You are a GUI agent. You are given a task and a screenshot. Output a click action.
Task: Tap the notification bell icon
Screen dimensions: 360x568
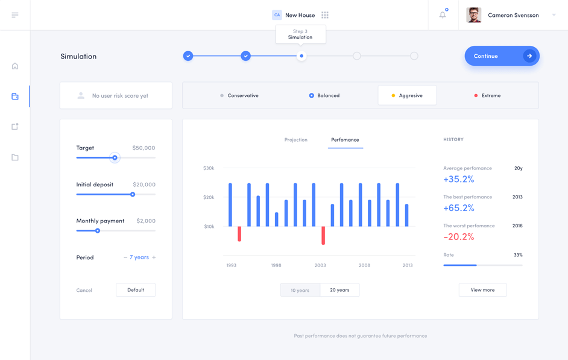point(443,15)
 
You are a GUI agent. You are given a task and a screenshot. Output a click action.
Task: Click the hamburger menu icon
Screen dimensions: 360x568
point(15,15)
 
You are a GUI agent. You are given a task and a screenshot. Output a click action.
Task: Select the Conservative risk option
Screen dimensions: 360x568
point(239,95)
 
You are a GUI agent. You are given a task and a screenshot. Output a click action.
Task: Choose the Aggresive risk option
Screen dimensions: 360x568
point(407,95)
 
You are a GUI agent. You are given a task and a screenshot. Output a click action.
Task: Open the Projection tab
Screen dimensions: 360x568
point(295,140)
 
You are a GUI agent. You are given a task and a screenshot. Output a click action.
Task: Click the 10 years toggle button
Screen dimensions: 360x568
point(300,290)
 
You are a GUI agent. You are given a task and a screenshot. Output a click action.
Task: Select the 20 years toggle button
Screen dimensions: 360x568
point(339,290)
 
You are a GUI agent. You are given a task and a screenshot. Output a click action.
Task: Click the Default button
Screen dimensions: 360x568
point(136,290)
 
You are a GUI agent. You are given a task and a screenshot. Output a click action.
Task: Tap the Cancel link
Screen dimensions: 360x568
point(84,291)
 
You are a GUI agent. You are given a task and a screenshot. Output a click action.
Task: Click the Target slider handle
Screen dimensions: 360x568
point(115,157)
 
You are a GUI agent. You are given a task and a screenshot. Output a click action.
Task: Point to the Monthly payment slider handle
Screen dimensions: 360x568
point(98,230)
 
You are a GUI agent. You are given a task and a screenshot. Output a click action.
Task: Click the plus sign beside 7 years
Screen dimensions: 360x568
point(154,257)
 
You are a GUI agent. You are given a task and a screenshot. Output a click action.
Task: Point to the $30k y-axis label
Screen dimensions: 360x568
point(209,168)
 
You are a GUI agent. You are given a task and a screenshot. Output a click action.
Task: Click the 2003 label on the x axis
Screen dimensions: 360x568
point(320,265)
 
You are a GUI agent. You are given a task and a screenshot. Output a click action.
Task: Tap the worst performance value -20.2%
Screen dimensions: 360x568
point(459,237)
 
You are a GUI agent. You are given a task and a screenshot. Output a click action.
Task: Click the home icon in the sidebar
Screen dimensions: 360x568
point(15,66)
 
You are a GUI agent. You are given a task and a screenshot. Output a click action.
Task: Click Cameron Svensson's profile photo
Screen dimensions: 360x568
point(474,15)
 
